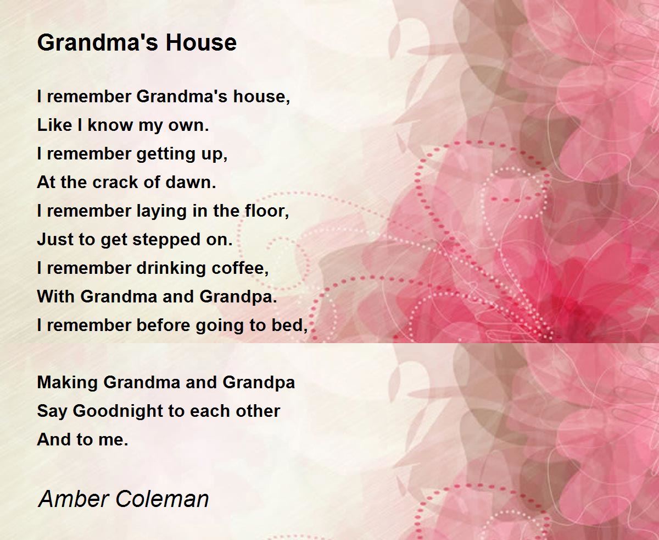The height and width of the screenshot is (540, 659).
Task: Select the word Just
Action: click(53, 240)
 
